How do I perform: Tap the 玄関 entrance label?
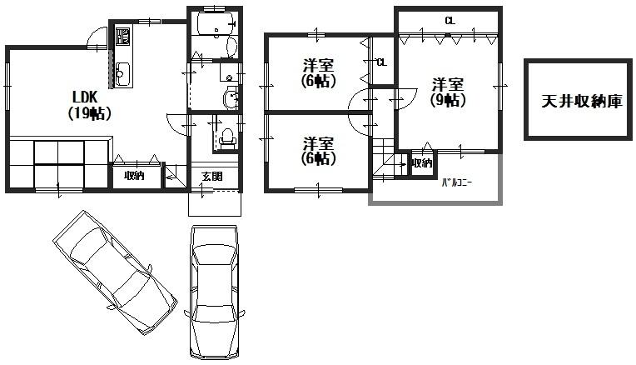211,176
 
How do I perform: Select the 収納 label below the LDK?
134,176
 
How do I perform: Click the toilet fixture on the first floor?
225,137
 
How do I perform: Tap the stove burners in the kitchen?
122,37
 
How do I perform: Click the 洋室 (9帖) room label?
448,92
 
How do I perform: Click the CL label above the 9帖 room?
450,20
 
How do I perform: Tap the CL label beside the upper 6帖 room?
381,62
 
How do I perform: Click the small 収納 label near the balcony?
422,163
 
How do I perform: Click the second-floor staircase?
385,159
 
